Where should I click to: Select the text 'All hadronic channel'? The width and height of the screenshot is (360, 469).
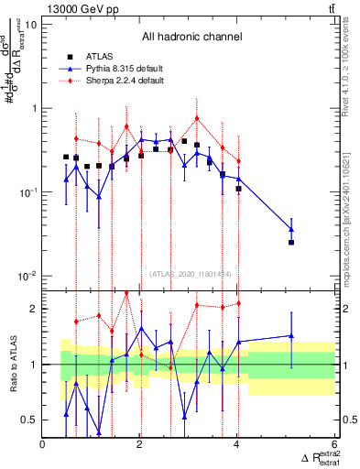[191, 38]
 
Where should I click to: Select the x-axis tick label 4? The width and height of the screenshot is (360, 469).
[237, 445]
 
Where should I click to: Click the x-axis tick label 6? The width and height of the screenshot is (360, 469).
[334, 445]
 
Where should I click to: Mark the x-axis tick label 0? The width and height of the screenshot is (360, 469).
[43, 445]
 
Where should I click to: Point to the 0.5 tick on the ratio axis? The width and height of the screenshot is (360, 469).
[30, 420]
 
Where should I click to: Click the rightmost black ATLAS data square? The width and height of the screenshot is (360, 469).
[291, 242]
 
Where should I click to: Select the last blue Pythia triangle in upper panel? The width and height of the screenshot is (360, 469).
[291, 229]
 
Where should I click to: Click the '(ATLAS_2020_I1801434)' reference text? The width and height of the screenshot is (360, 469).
[191, 274]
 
